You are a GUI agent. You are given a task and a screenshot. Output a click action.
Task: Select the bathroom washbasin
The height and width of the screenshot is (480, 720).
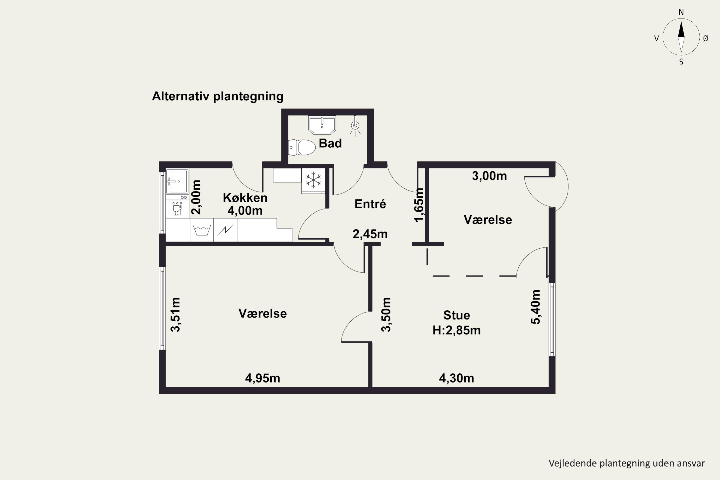[x=322, y=125]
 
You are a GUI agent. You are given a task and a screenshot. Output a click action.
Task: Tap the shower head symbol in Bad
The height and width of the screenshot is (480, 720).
[x=355, y=126]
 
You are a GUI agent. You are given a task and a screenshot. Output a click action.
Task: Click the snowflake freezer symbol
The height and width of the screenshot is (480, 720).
[x=313, y=180]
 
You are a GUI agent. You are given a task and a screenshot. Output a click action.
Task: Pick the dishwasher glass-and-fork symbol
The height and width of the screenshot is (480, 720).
[x=177, y=209]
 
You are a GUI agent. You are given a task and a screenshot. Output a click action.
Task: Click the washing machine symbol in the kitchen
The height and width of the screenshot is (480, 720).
[x=202, y=230]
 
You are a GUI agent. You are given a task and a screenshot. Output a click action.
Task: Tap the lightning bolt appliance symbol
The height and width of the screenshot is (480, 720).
[x=225, y=230]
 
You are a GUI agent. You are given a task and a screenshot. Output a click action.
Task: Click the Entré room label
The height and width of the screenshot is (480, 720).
[x=370, y=204]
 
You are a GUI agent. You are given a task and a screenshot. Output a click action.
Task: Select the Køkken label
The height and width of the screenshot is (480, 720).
[x=245, y=198]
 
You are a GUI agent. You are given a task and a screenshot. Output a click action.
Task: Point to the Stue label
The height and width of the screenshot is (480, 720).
[x=456, y=315]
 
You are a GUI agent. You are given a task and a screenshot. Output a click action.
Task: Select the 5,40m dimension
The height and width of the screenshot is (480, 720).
[x=535, y=307]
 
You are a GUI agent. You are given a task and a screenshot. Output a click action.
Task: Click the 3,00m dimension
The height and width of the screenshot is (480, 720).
[x=489, y=176]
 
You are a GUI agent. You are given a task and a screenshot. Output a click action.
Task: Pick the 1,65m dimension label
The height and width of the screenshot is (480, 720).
[x=419, y=205]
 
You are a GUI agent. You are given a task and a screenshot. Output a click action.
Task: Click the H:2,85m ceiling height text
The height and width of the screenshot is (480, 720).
[x=456, y=330]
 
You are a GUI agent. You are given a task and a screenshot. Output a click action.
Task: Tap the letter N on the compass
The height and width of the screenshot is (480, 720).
[x=681, y=12]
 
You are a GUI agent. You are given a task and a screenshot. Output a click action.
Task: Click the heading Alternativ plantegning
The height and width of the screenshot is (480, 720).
[x=218, y=96]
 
